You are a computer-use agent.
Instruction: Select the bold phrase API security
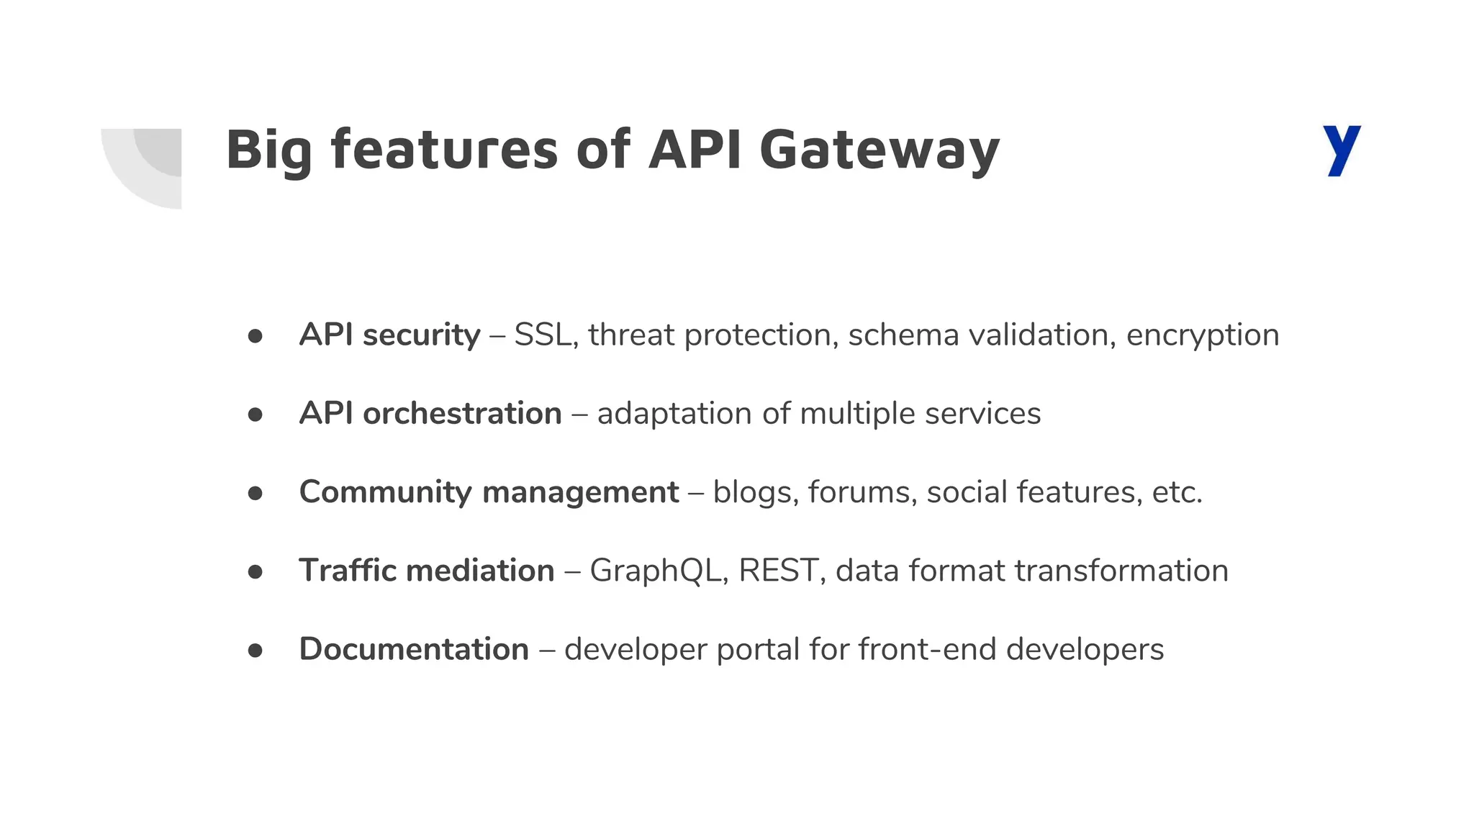click(x=389, y=335)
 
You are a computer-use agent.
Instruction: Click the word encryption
click(x=1203, y=335)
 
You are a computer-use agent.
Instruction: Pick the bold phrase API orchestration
click(x=430, y=414)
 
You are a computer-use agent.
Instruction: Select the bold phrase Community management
click(x=489, y=492)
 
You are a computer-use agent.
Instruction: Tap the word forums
click(x=862, y=492)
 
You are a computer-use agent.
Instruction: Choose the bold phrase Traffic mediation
click(x=427, y=571)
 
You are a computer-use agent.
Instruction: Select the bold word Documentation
click(x=414, y=649)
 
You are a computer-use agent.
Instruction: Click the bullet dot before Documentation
click(x=255, y=650)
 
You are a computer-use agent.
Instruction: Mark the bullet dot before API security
click(x=255, y=336)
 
